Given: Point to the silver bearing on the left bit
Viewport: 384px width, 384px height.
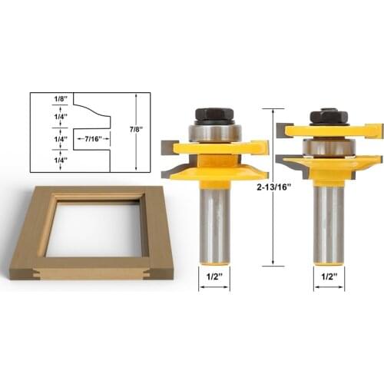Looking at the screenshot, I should click(x=213, y=132).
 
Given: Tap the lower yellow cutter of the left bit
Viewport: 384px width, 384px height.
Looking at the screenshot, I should click(x=218, y=170).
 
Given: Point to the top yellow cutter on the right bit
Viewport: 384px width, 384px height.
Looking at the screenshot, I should click(x=330, y=130).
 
